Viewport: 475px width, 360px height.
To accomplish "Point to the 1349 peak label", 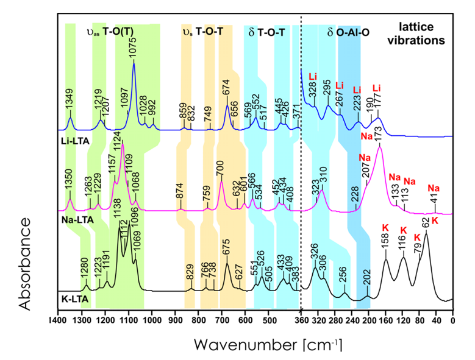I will tap(70, 100).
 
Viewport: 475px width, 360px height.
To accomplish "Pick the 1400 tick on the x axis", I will tap(58, 320).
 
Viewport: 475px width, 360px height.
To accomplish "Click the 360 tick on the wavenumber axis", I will tap(301, 320).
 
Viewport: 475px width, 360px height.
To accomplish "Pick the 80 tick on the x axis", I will tap(419, 320).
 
